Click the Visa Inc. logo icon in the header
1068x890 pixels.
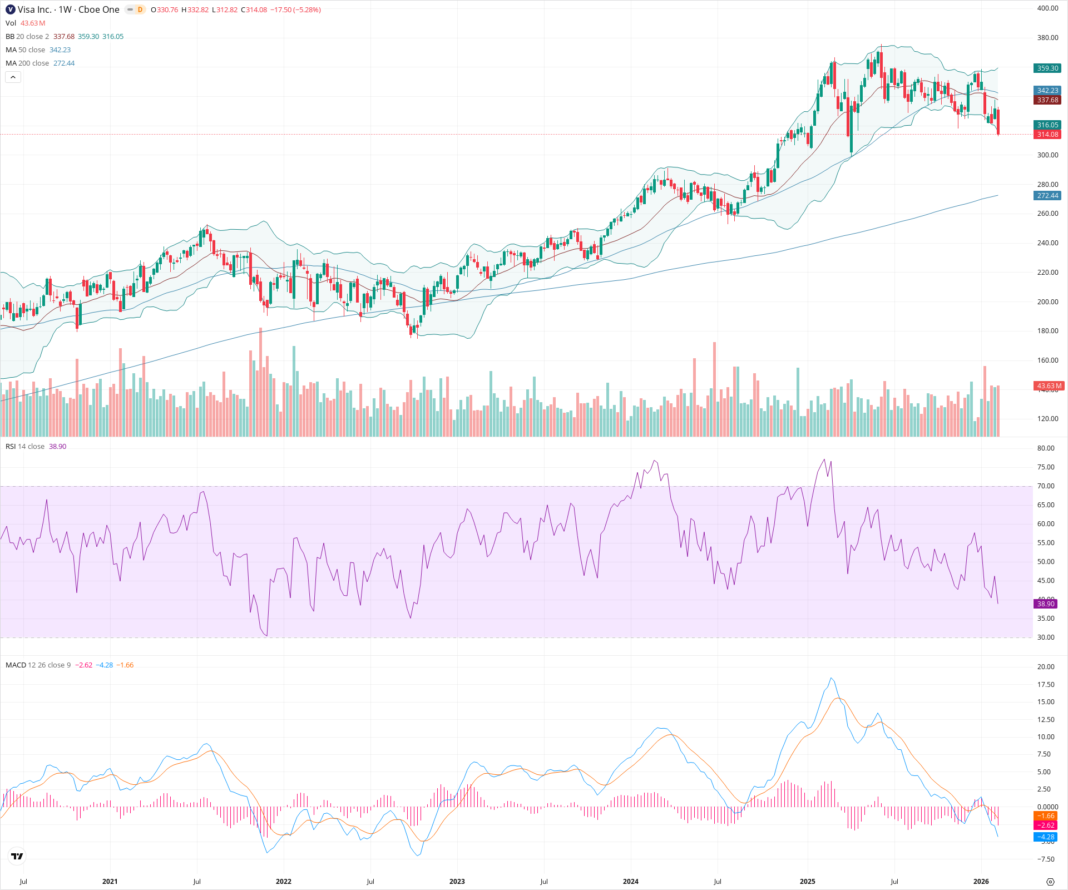click(10, 9)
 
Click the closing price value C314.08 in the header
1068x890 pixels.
click(254, 10)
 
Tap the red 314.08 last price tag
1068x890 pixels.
click(1047, 135)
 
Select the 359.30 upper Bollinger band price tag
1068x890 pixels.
click(1047, 68)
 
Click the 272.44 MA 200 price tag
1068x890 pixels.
click(1047, 196)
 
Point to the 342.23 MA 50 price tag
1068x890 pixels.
click(1047, 91)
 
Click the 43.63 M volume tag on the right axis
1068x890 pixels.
click(1049, 386)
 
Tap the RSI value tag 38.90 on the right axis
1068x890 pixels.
click(1045, 604)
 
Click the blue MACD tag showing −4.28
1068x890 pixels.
click(1045, 837)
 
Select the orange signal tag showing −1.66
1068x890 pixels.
click(1045, 816)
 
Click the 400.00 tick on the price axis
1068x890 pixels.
click(1047, 8)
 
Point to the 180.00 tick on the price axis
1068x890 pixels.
click(1047, 331)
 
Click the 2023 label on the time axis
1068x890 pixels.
click(457, 882)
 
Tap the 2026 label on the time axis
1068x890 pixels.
click(981, 882)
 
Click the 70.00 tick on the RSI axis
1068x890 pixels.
click(1046, 486)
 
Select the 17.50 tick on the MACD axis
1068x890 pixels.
click(1046, 685)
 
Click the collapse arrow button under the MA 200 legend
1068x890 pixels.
click(13, 77)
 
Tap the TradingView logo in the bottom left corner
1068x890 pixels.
click(17, 857)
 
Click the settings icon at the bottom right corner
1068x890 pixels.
click(1050, 882)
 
